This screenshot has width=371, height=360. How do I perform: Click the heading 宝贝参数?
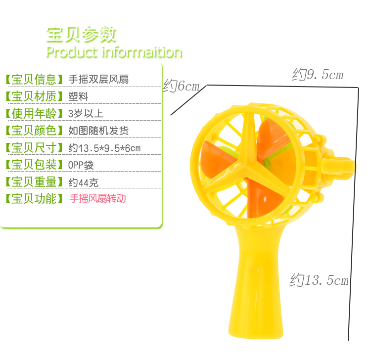pos(81,35)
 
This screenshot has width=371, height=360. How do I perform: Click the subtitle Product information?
pos(114,52)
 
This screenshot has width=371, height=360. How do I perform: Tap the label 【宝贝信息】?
pos(34,79)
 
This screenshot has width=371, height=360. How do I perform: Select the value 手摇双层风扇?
pos(99,79)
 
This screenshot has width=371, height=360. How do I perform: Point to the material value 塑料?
pos(78,96)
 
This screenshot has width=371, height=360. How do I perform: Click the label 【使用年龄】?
pos(34,113)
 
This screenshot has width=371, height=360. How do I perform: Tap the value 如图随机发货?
pos(98,131)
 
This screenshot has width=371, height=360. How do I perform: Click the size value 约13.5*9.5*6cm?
pos(104,148)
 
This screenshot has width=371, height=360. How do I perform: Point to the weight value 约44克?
pos(83,182)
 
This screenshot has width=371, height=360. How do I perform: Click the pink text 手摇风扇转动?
pos(98,199)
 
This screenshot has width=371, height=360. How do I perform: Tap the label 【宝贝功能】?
pos(34,199)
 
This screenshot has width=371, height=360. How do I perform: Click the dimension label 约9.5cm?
pos(317,75)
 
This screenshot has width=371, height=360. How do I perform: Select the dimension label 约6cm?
pos(181,86)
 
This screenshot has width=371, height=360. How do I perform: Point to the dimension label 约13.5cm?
pos(319,280)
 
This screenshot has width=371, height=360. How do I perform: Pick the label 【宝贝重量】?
pos(34,182)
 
